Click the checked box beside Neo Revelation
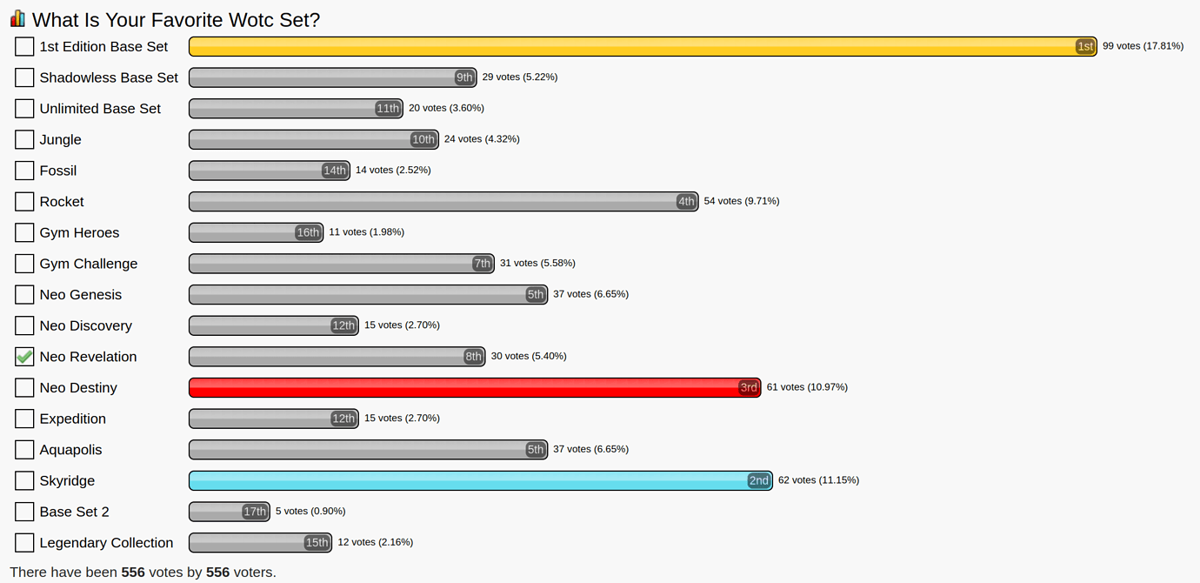tap(24, 357)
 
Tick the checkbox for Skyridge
tap(24, 480)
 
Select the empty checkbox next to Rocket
tap(24, 202)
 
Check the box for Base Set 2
tap(24, 512)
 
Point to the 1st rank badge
tap(1084, 46)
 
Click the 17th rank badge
tap(255, 512)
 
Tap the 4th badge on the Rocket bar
tap(686, 202)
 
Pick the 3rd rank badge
tap(748, 387)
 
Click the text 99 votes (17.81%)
tap(1143, 46)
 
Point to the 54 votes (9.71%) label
tap(741, 201)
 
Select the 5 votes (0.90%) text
tap(310, 511)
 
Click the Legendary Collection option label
tap(106, 543)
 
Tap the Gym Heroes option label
tap(79, 232)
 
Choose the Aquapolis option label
tap(70, 450)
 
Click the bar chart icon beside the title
tap(17, 18)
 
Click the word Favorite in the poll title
tap(183, 19)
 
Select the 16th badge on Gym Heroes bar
tap(308, 232)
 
